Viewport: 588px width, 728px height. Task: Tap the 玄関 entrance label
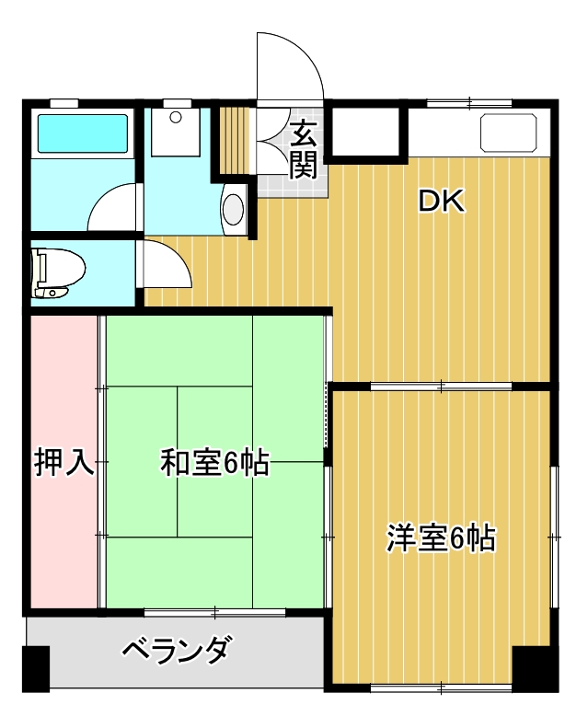tap(303, 149)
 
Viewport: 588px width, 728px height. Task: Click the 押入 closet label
tap(63, 462)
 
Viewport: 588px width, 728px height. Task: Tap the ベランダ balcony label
tap(175, 651)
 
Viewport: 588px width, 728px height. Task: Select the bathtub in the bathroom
tap(81, 133)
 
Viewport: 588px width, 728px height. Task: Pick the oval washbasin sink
tap(234, 208)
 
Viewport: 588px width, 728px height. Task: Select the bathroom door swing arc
tap(113, 207)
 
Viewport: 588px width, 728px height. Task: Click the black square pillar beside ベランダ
tap(35, 669)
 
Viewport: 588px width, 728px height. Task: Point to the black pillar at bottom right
tap(536, 669)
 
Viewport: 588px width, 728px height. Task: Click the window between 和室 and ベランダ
tap(213, 611)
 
